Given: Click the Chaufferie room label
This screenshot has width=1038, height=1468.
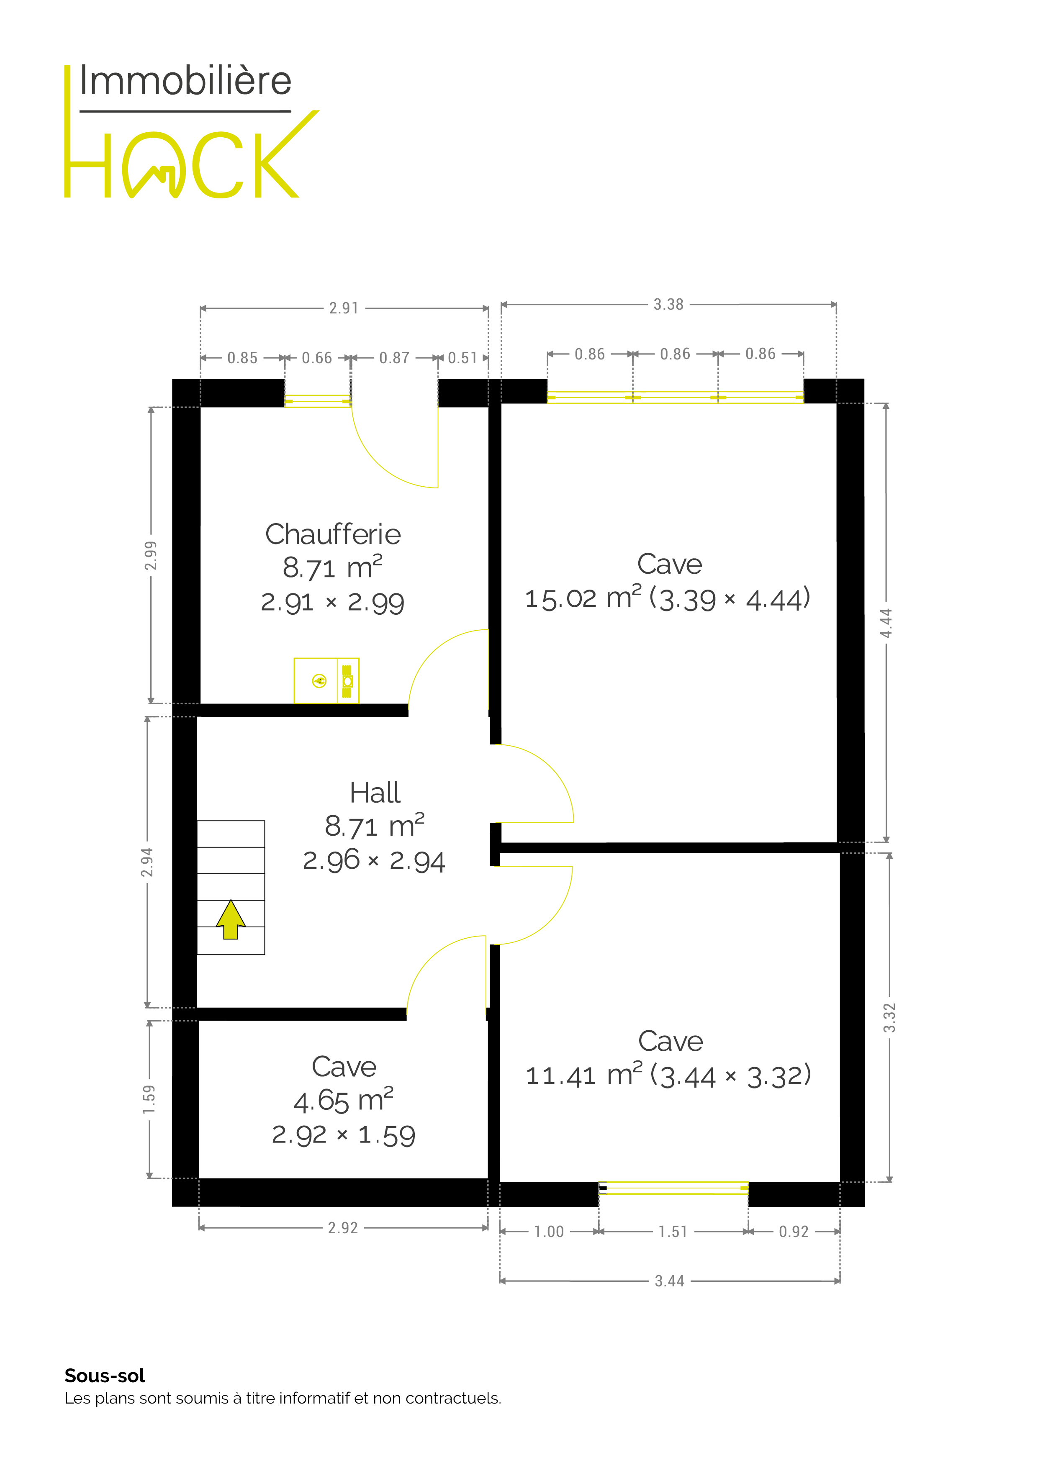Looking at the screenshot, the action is point(333,534).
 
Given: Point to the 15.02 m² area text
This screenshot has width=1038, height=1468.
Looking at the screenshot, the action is point(583,598).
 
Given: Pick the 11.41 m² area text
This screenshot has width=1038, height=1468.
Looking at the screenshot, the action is point(584,1075).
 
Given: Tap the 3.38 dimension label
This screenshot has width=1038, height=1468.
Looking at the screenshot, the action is point(668,304).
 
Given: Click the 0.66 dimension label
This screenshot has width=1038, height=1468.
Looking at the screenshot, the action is point(317,358).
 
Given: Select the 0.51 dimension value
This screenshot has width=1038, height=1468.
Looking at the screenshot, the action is point(462,358).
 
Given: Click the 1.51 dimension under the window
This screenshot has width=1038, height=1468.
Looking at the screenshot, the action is point(673,1232).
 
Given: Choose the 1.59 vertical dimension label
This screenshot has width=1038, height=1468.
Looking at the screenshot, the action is point(149,1099).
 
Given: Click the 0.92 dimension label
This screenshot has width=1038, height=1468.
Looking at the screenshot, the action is point(794,1232).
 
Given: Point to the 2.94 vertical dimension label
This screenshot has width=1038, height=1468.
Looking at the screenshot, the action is point(147,862).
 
